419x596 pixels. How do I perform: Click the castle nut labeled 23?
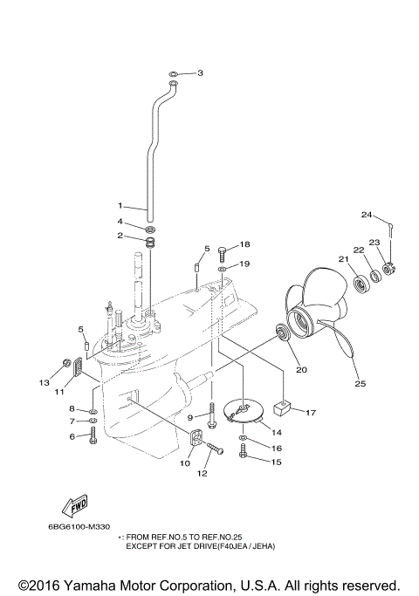pyautogui.click(x=388, y=268)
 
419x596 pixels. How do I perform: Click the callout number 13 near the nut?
pyautogui.click(x=43, y=382)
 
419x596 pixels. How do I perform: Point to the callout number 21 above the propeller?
pyautogui.click(x=343, y=259)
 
